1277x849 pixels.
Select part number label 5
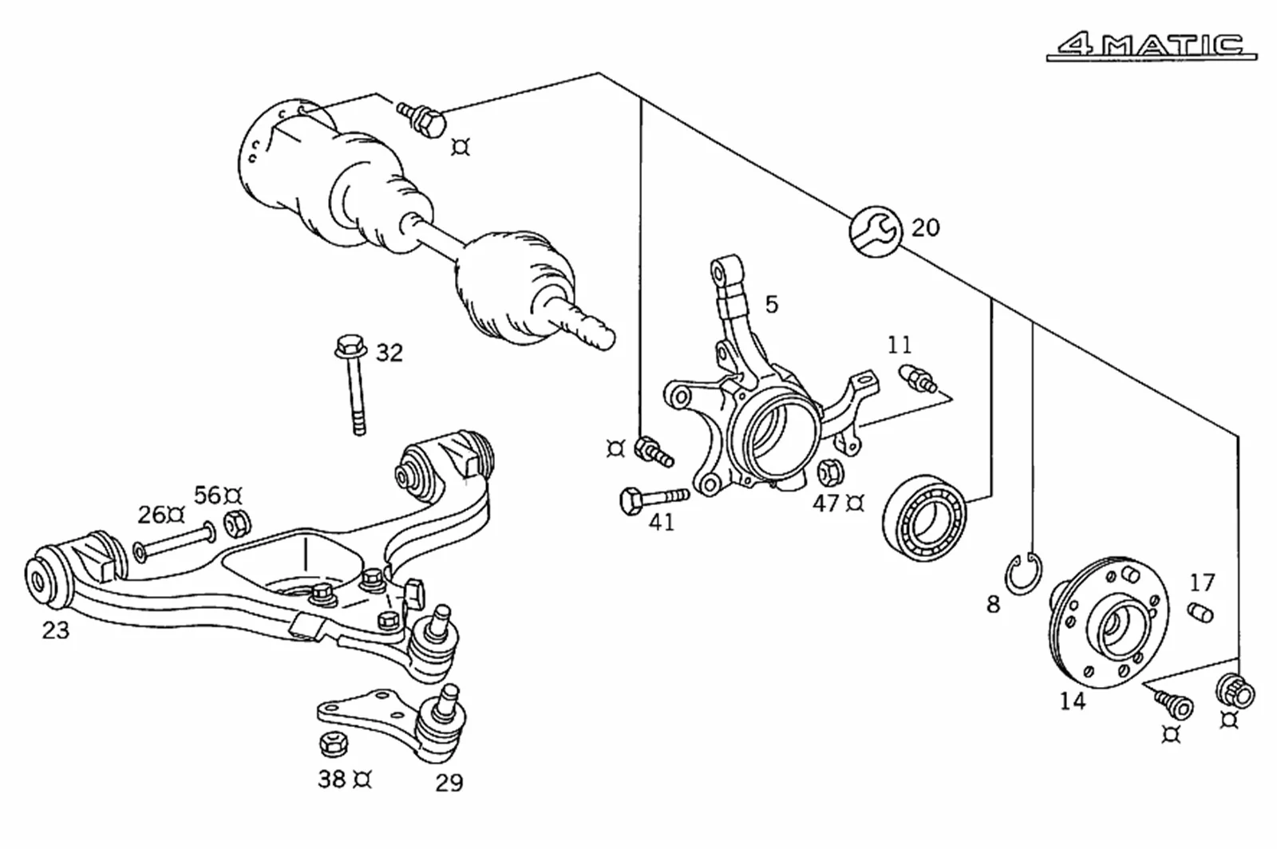[x=771, y=305]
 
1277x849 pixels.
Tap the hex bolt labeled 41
[x=653, y=498]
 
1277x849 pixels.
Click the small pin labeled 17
[x=1200, y=613]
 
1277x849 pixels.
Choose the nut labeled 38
[x=333, y=744]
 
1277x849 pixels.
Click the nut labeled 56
[x=237, y=523]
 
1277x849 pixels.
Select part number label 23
[x=56, y=630]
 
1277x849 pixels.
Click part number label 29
[x=449, y=783]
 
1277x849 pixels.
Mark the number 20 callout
[x=926, y=228]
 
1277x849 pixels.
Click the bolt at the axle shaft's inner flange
[x=423, y=119]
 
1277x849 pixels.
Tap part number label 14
[x=1073, y=701]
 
